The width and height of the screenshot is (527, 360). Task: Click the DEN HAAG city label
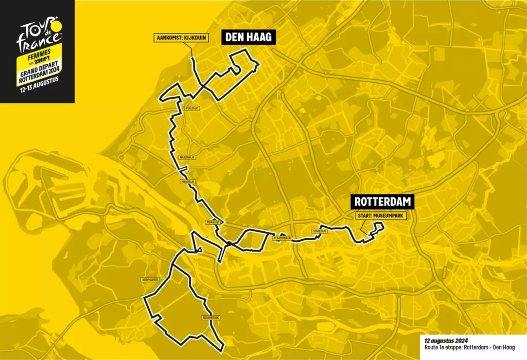coord(247,37)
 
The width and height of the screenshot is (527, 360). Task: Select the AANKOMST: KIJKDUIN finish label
coord(180,38)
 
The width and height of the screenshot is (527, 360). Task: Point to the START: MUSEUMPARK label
coord(380,217)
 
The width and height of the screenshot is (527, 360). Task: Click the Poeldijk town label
coord(190,109)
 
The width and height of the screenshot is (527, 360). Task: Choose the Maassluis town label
coord(213,223)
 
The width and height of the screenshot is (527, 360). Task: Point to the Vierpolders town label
coord(150,280)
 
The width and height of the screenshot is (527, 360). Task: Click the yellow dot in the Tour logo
coord(57,24)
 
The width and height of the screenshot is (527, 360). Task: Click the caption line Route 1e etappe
coord(466,348)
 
